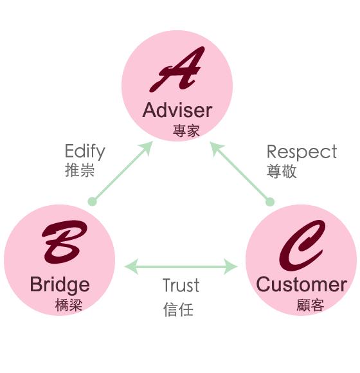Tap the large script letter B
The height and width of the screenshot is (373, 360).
(63, 243)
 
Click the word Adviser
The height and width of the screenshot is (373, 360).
(177, 110)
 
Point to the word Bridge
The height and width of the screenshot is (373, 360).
(59, 284)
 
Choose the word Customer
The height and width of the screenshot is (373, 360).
(301, 284)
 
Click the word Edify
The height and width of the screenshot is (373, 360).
(84, 152)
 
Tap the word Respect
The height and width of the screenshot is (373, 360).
(301, 152)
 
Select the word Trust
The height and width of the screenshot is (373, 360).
(181, 285)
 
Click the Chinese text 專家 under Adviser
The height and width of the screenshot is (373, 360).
(186, 131)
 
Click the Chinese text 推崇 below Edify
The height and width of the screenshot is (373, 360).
(80, 171)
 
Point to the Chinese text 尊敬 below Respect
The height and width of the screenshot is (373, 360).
(282, 171)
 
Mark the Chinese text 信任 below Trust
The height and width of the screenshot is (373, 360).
(178, 309)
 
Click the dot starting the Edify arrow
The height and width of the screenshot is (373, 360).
(92, 201)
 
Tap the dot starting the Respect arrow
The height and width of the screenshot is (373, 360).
(270, 201)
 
